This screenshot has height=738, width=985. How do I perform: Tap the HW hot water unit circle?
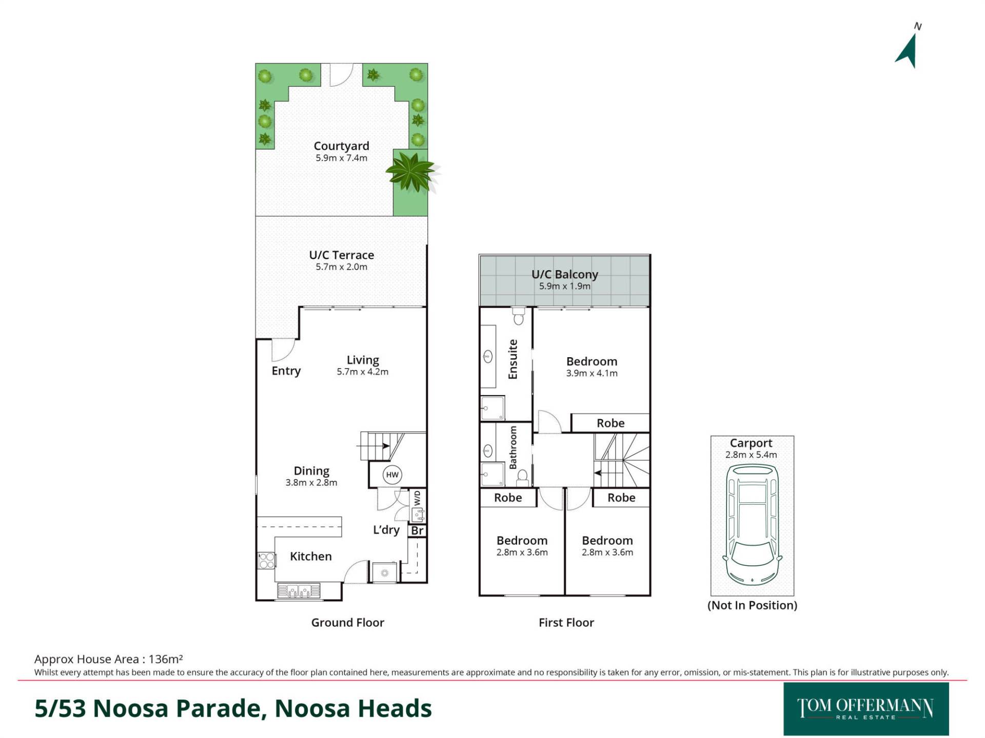pos(392,475)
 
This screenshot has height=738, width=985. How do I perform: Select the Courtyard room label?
pos(342,146)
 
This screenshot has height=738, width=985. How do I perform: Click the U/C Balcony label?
pos(565,274)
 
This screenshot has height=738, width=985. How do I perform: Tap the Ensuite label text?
pos(513,359)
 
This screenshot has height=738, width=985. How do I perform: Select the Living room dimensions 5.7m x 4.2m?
pos(363,372)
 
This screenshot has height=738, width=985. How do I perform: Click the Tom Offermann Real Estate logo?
pos(866,709)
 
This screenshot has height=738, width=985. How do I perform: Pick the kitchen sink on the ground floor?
pos(299,591)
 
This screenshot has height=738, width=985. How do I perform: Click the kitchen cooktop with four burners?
pos(266,560)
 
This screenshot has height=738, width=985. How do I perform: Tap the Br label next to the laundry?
pos(418,531)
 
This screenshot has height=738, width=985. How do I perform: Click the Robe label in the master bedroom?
pos(610,423)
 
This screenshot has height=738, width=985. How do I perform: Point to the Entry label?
pos(286,371)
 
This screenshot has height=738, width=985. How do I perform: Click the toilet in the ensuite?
pos(518,316)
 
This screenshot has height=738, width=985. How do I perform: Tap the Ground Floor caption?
pos(348,623)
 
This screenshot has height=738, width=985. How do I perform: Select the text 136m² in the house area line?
pos(166,659)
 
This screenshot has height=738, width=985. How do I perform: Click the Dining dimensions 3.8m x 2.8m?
pos(311,483)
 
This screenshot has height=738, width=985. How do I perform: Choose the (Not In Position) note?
pos(752,605)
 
